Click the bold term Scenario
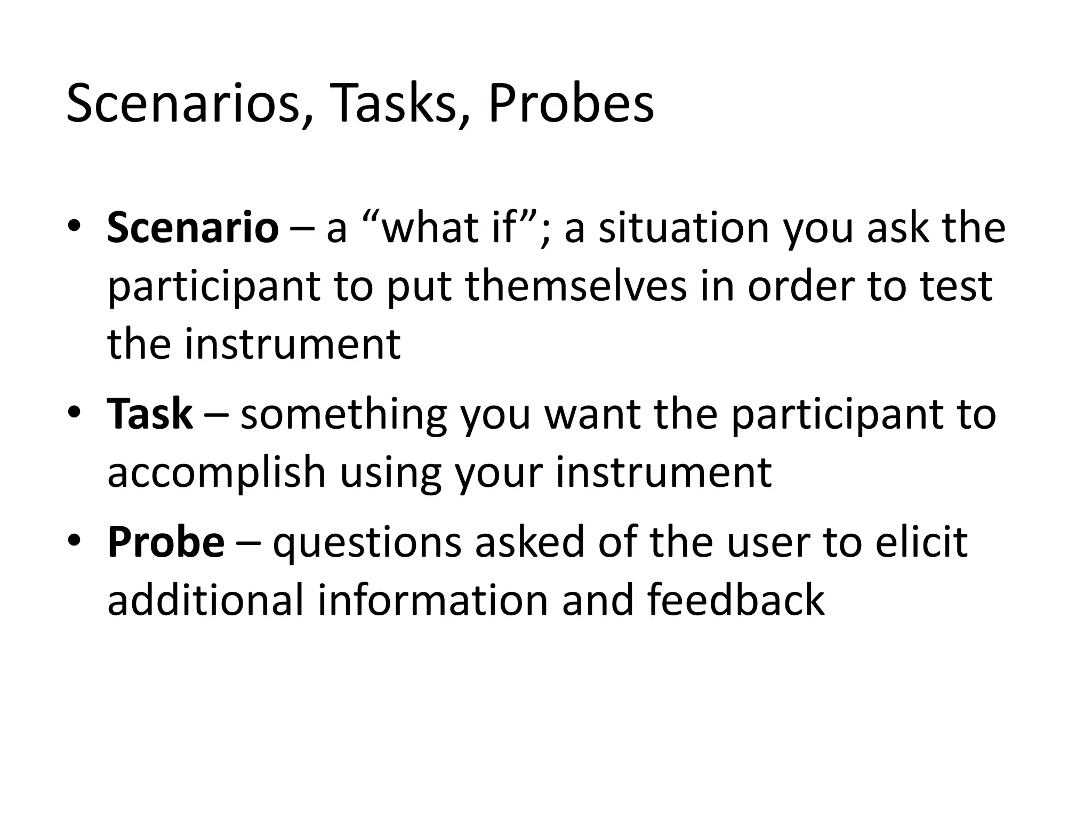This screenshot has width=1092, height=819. (192, 228)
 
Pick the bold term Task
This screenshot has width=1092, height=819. (149, 414)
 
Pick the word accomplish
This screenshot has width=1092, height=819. (216, 473)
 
